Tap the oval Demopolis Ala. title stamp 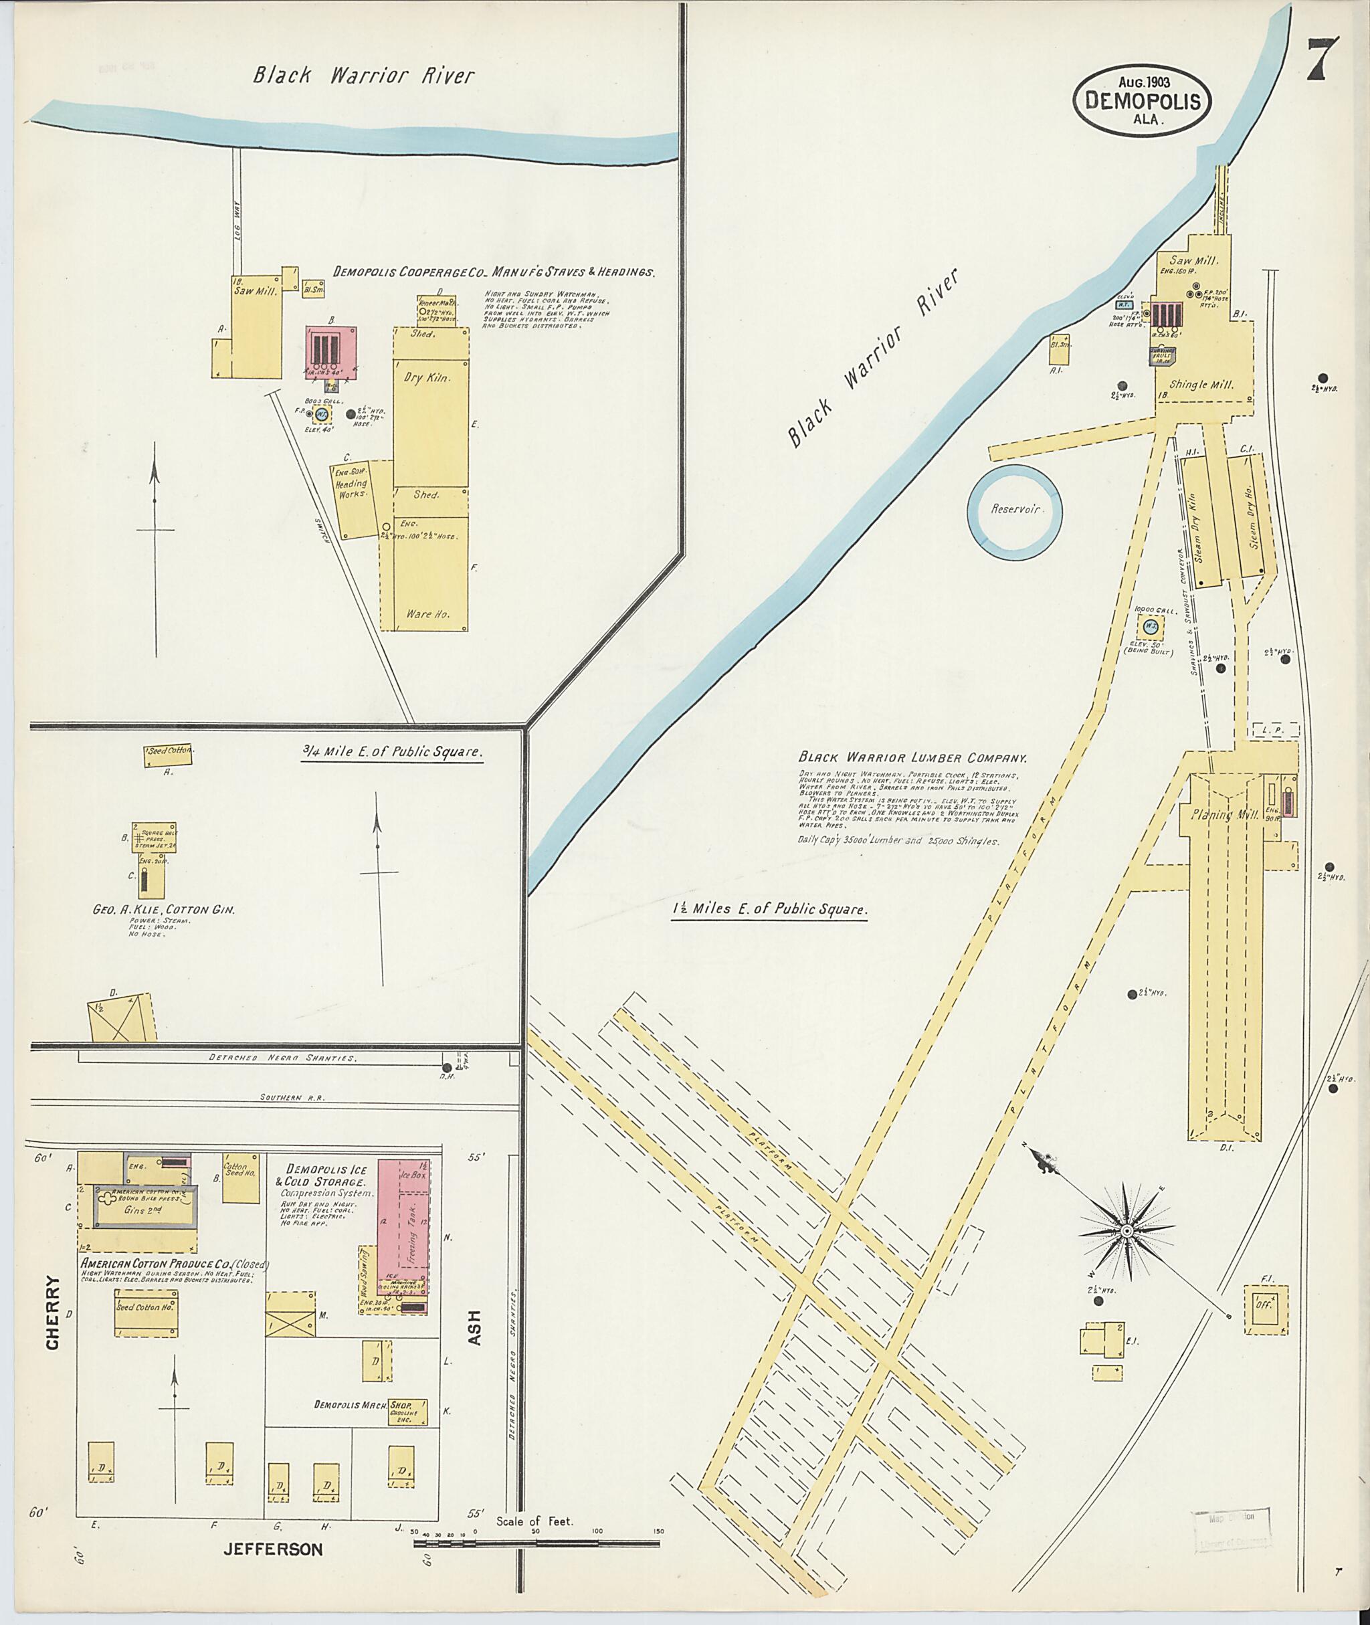coord(1143,101)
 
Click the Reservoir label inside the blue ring coord(1013,510)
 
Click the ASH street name coord(476,1327)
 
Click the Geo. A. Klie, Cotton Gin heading coord(164,908)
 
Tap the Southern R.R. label coord(282,1098)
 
